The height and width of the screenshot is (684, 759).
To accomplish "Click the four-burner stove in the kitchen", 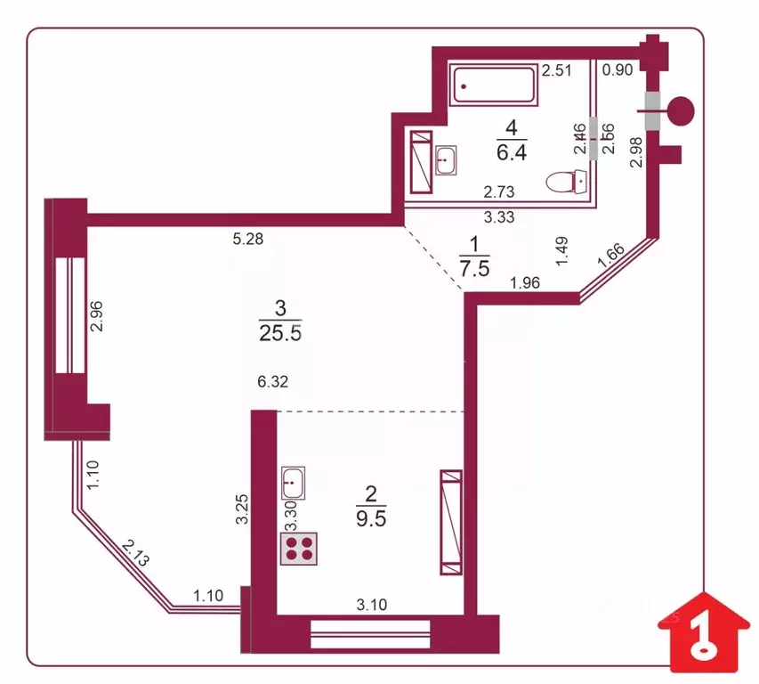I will coord(300,546).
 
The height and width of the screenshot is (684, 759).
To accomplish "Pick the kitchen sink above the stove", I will coord(293,484).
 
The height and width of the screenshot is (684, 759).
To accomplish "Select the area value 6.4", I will coord(512,151).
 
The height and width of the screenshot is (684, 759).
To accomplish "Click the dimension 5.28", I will coord(248,239).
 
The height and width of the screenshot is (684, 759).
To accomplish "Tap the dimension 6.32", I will coord(273,382).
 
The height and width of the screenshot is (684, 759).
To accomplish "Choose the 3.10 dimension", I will coord(372,605).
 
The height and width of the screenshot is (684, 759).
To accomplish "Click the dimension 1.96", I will coord(525,285).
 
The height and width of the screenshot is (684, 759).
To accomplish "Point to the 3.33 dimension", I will coord(498,216).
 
